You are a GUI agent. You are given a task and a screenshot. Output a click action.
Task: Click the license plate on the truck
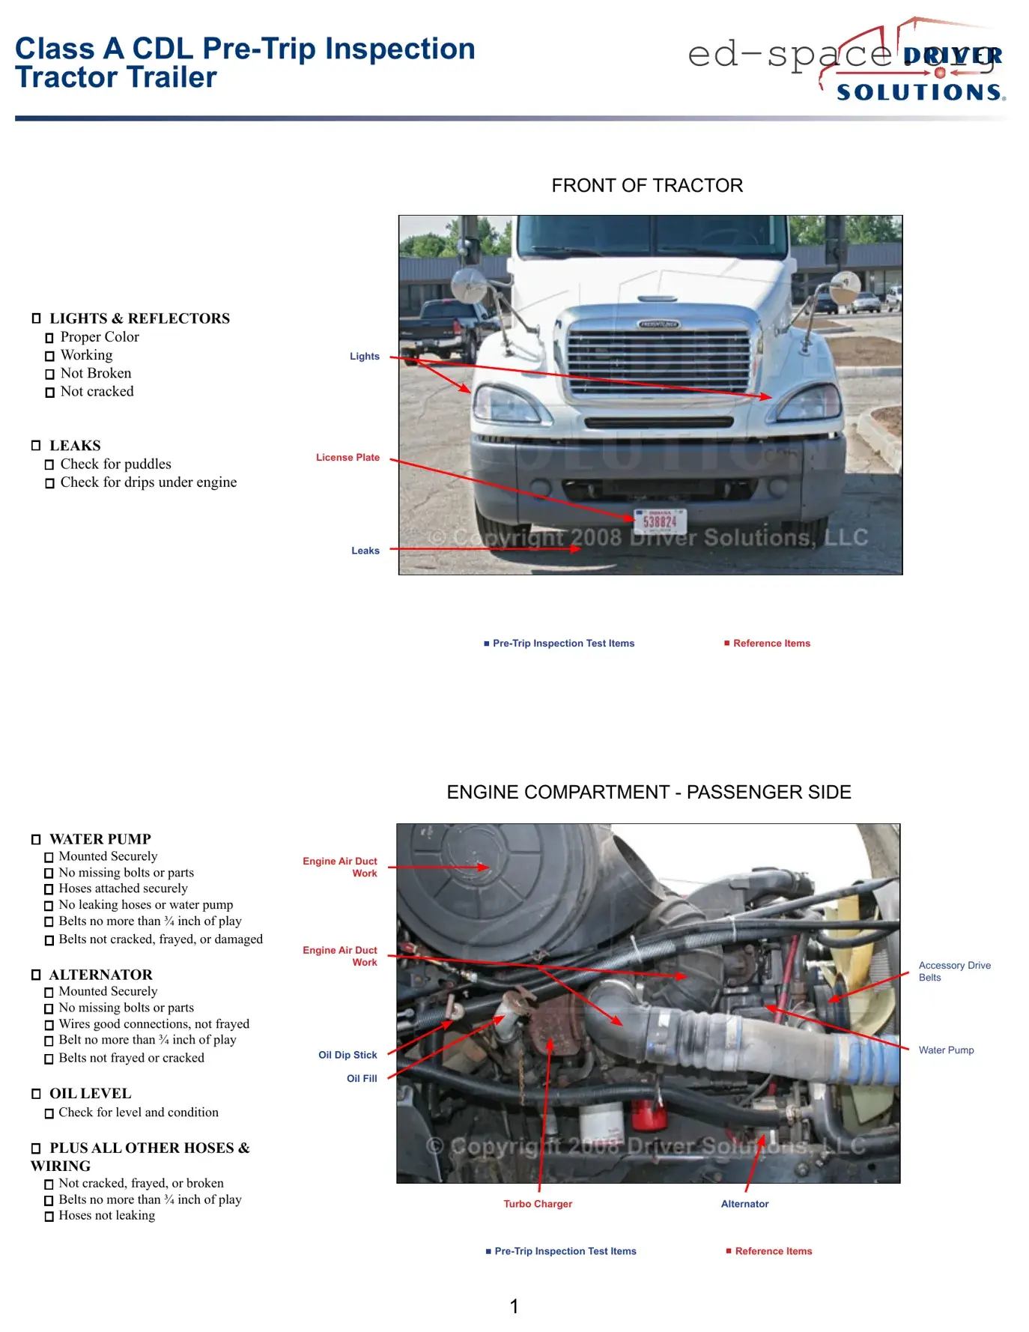(660, 521)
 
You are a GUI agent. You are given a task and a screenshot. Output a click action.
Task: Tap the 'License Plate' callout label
(347, 458)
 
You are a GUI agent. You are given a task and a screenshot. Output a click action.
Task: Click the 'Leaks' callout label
(365, 551)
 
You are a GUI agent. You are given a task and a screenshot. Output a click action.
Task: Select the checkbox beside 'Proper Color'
(49, 338)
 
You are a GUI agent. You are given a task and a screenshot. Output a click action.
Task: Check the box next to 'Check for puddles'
(49, 465)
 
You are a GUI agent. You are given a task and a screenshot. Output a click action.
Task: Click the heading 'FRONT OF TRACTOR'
(647, 186)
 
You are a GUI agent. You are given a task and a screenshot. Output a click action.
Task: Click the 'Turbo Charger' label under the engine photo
(538, 1204)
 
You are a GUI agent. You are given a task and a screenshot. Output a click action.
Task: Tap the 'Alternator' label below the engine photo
(744, 1204)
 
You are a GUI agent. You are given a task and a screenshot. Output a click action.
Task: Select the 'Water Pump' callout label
(946, 1050)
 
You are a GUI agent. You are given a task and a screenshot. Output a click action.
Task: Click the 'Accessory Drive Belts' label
(954, 971)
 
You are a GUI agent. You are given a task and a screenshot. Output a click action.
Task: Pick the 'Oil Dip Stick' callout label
(347, 1055)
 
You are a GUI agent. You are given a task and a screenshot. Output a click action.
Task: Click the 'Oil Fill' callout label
(362, 1079)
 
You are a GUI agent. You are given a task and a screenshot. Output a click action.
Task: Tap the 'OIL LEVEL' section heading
(90, 1094)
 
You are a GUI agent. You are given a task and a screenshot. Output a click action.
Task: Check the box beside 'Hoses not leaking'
(49, 1217)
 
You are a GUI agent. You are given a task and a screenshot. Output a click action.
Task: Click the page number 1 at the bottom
(514, 1307)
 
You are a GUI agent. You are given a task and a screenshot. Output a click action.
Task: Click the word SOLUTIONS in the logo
(920, 93)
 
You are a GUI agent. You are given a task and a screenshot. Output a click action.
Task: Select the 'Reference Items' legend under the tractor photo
(771, 644)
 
